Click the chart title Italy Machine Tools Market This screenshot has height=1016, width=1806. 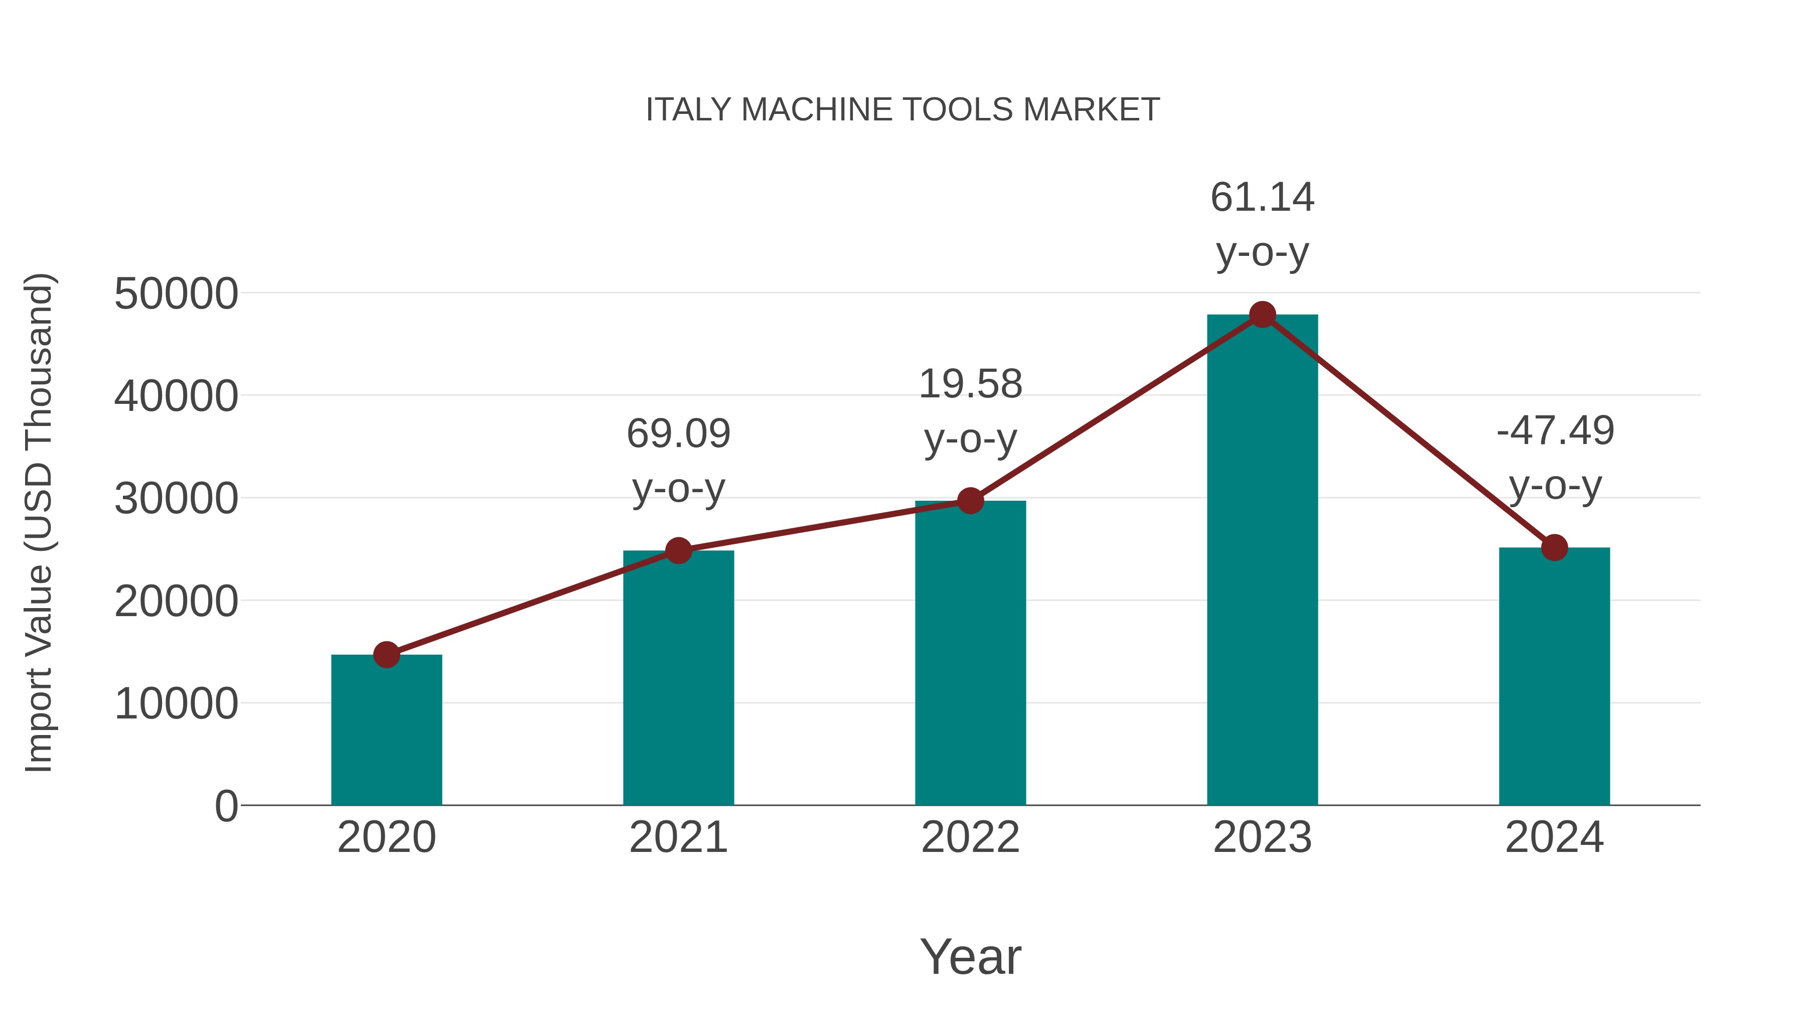[x=902, y=110]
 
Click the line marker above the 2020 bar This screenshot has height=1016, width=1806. [x=386, y=655]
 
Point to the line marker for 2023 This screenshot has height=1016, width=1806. [x=1262, y=315]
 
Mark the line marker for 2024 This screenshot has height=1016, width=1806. [x=1554, y=547]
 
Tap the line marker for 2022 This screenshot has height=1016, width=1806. [x=970, y=501]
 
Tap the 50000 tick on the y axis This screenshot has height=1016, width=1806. [x=176, y=294]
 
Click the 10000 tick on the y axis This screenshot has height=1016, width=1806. [x=176, y=703]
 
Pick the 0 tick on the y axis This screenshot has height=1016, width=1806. [x=226, y=806]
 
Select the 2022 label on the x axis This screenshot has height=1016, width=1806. [x=970, y=837]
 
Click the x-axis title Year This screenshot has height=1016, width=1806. [x=970, y=956]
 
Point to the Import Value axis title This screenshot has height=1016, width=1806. [x=39, y=522]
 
